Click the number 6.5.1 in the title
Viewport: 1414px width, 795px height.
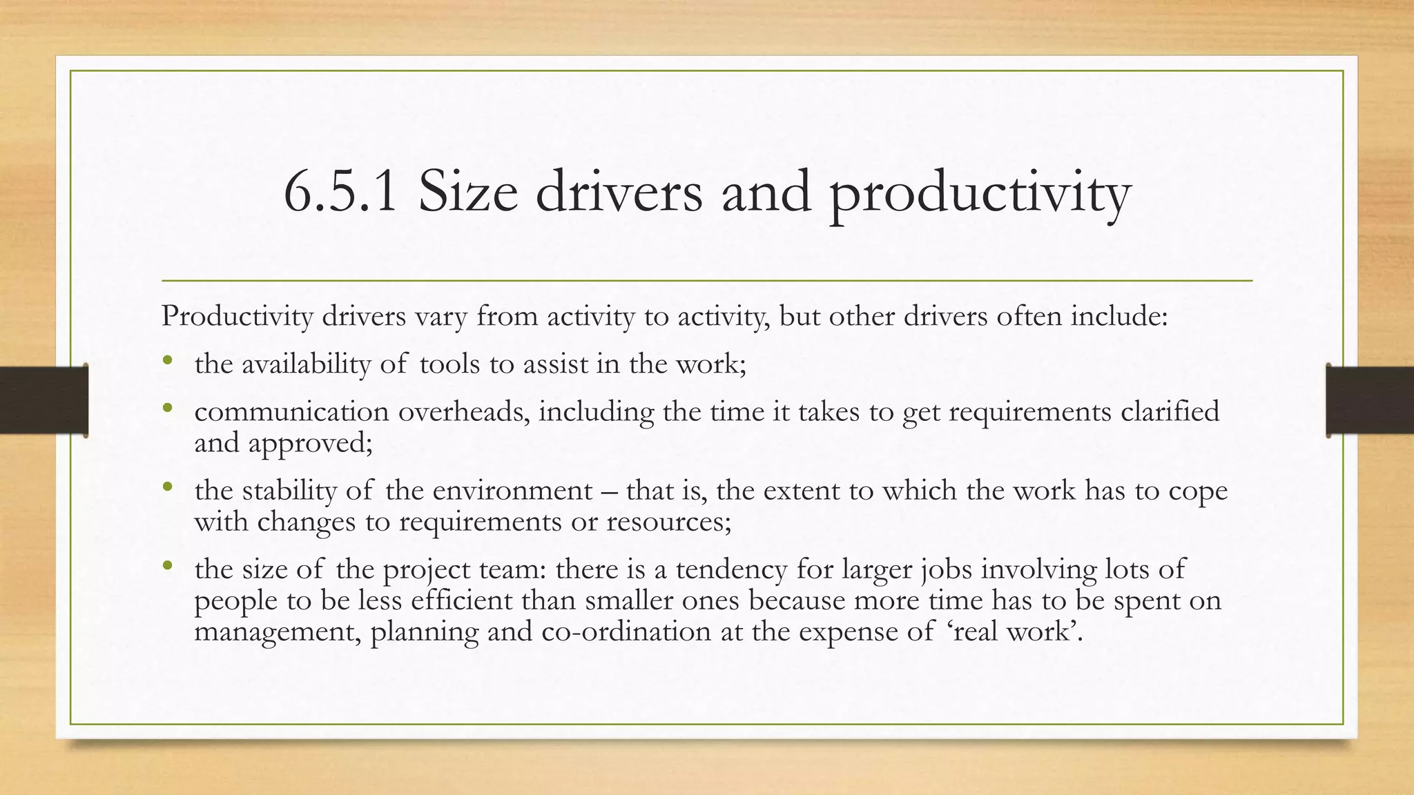pyautogui.click(x=340, y=193)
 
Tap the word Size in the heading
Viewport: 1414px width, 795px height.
pyautogui.click(x=467, y=193)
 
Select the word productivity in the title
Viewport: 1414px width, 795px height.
pyautogui.click(x=979, y=194)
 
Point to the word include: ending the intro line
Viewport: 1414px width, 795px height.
pyautogui.click(x=1119, y=317)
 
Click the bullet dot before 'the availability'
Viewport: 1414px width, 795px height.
pyautogui.click(x=168, y=361)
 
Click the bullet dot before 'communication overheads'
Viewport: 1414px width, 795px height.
pyautogui.click(x=168, y=409)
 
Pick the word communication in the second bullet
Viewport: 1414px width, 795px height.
pyautogui.click(x=291, y=412)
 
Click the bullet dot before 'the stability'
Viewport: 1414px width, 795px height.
pyautogui.click(x=168, y=487)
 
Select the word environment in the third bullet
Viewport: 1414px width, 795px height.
pyautogui.click(x=512, y=491)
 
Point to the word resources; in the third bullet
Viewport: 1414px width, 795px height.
pyautogui.click(x=668, y=522)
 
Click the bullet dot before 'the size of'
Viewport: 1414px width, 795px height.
pyautogui.click(x=168, y=566)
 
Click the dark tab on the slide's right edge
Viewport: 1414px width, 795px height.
pyautogui.click(x=1370, y=400)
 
